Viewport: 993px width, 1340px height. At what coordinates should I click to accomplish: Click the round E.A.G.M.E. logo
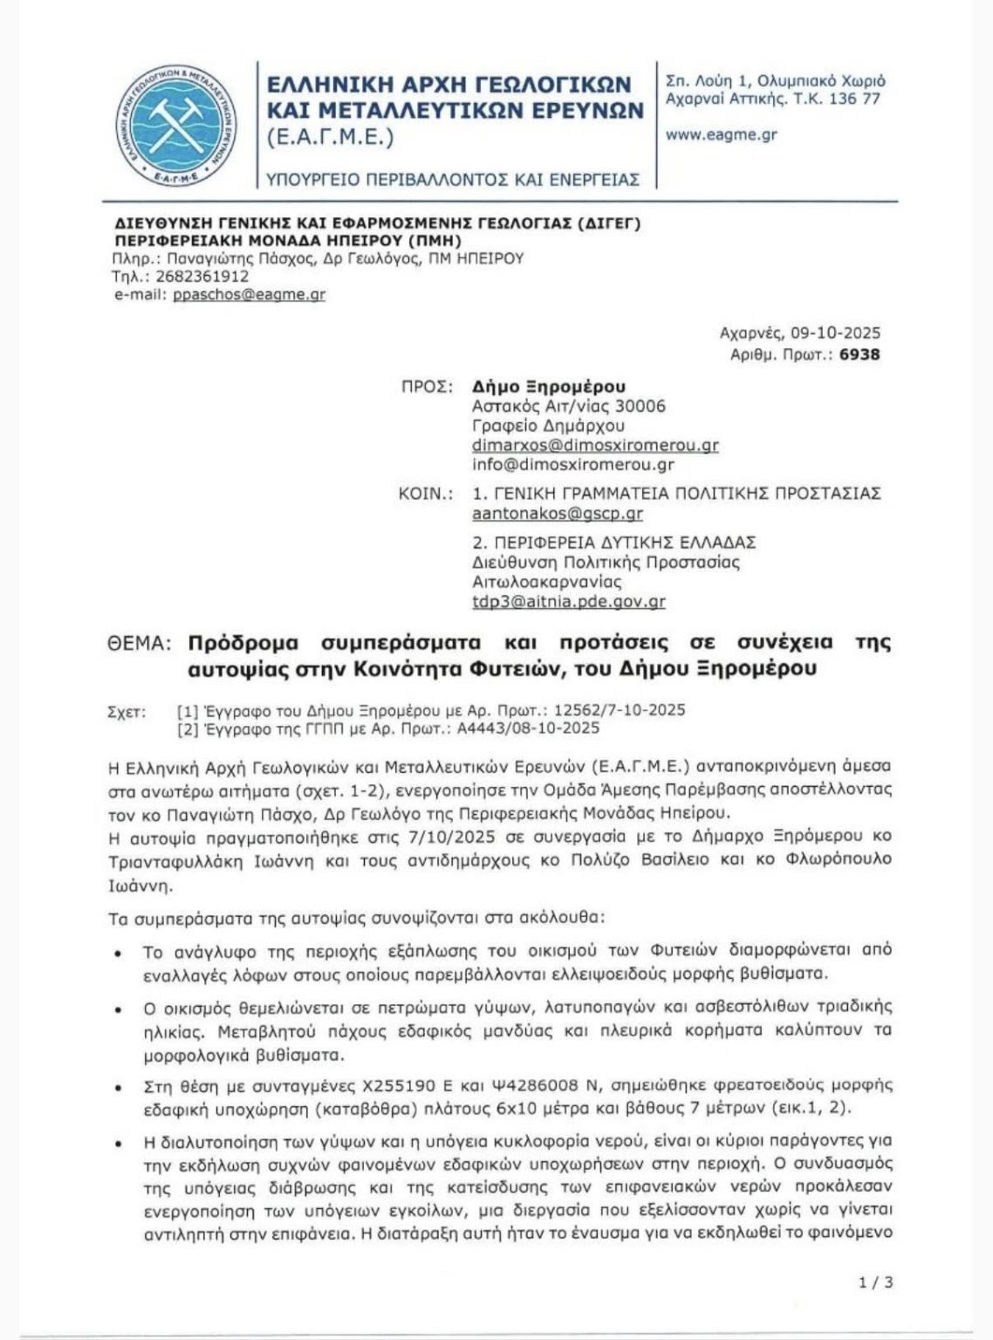[x=177, y=125]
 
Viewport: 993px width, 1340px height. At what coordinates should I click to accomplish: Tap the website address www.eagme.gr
[x=721, y=135]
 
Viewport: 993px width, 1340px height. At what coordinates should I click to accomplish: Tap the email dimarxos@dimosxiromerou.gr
[x=595, y=446]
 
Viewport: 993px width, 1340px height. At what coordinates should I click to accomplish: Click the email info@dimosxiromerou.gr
[x=572, y=465]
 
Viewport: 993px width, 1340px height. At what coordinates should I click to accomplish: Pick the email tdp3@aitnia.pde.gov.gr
[x=569, y=602]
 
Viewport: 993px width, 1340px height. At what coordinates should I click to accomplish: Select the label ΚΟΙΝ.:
[x=425, y=494]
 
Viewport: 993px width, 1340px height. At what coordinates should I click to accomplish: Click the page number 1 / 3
[x=877, y=1282]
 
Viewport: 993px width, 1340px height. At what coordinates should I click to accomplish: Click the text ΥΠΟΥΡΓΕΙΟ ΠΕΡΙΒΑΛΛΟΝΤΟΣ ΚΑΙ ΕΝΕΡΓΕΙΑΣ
[x=453, y=180]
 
